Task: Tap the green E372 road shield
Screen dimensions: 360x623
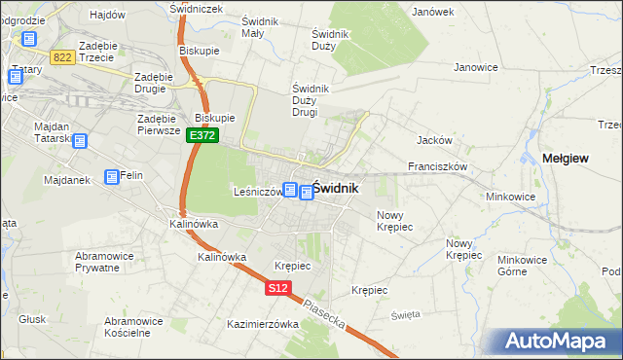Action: click(x=202, y=136)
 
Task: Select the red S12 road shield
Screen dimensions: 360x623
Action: click(x=277, y=288)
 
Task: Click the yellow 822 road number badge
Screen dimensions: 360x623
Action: click(x=63, y=58)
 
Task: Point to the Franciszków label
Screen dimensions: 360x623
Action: click(x=439, y=166)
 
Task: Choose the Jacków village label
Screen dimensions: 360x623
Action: click(x=432, y=140)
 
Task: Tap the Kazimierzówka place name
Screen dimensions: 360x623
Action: click(x=262, y=324)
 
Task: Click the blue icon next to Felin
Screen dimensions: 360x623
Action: click(x=112, y=176)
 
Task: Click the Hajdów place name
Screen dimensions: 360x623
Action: click(x=107, y=15)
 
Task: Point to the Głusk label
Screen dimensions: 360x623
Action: click(x=32, y=318)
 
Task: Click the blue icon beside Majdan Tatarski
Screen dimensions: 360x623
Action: click(x=80, y=141)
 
